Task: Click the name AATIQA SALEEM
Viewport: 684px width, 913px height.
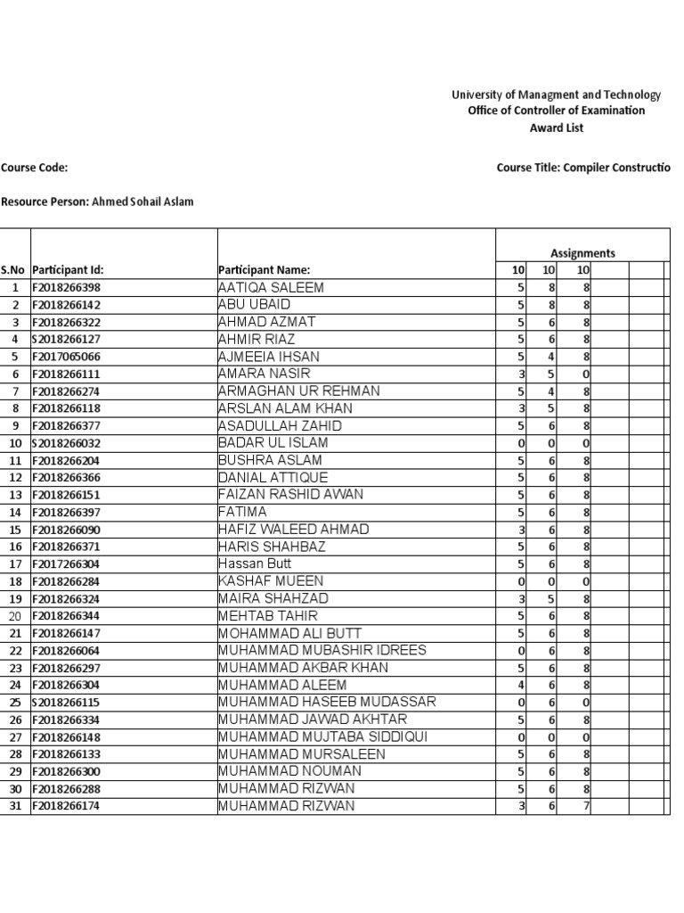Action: tap(271, 288)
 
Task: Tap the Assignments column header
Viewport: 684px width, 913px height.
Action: tap(582, 253)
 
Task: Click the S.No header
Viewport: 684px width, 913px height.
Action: tap(14, 270)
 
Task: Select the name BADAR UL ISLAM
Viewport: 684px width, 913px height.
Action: tap(273, 443)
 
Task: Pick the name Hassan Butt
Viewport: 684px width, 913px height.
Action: tap(255, 563)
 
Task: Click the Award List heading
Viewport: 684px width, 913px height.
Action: tap(557, 128)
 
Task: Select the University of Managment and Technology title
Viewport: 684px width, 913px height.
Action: tap(556, 95)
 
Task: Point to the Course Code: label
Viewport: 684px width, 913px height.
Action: tap(35, 167)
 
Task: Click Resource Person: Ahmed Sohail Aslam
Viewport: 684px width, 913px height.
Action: tap(97, 202)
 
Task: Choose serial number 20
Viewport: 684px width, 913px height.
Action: tap(15, 616)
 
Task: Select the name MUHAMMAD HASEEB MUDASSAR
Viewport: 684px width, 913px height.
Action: tap(327, 702)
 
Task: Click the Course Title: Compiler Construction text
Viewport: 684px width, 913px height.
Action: tap(582, 167)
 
